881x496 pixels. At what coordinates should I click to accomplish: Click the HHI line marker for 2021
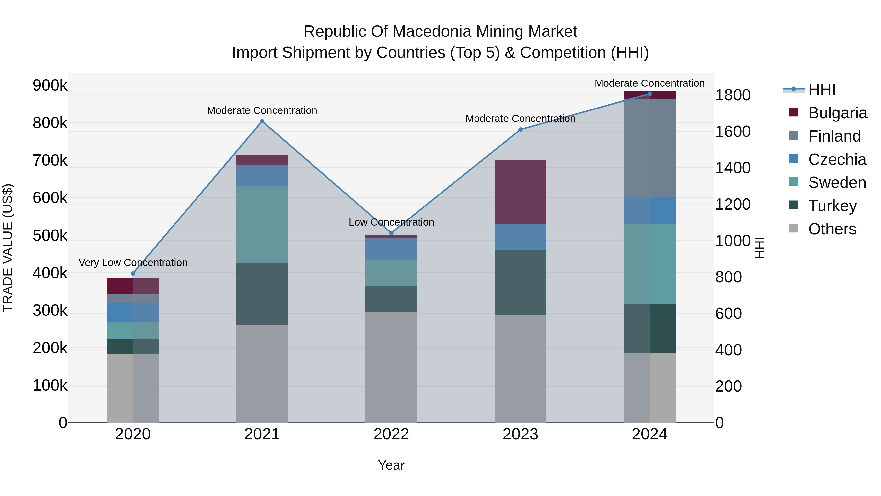[x=262, y=121]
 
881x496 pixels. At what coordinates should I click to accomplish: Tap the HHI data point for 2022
[x=391, y=233]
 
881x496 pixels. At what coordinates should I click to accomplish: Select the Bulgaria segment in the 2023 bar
[x=520, y=192]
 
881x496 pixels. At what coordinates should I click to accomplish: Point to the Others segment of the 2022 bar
[x=391, y=367]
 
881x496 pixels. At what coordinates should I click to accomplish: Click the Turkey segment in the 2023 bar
[x=520, y=282]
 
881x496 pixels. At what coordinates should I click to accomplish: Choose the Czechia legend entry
[x=836, y=159]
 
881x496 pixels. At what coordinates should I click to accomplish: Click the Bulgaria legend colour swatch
[x=793, y=112]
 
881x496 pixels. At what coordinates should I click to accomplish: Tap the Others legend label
[x=832, y=229]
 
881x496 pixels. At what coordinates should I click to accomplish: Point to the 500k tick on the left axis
[x=50, y=235]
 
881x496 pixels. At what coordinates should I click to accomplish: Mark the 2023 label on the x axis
[x=520, y=434]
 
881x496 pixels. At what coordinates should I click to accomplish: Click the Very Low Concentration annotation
[x=133, y=263]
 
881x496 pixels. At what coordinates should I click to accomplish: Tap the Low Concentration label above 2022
[x=391, y=222]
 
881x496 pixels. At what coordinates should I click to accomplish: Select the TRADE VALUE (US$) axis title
[x=8, y=248]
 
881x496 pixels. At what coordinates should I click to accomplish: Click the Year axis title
[x=391, y=466]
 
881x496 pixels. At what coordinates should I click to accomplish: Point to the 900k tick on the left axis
[x=50, y=85]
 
